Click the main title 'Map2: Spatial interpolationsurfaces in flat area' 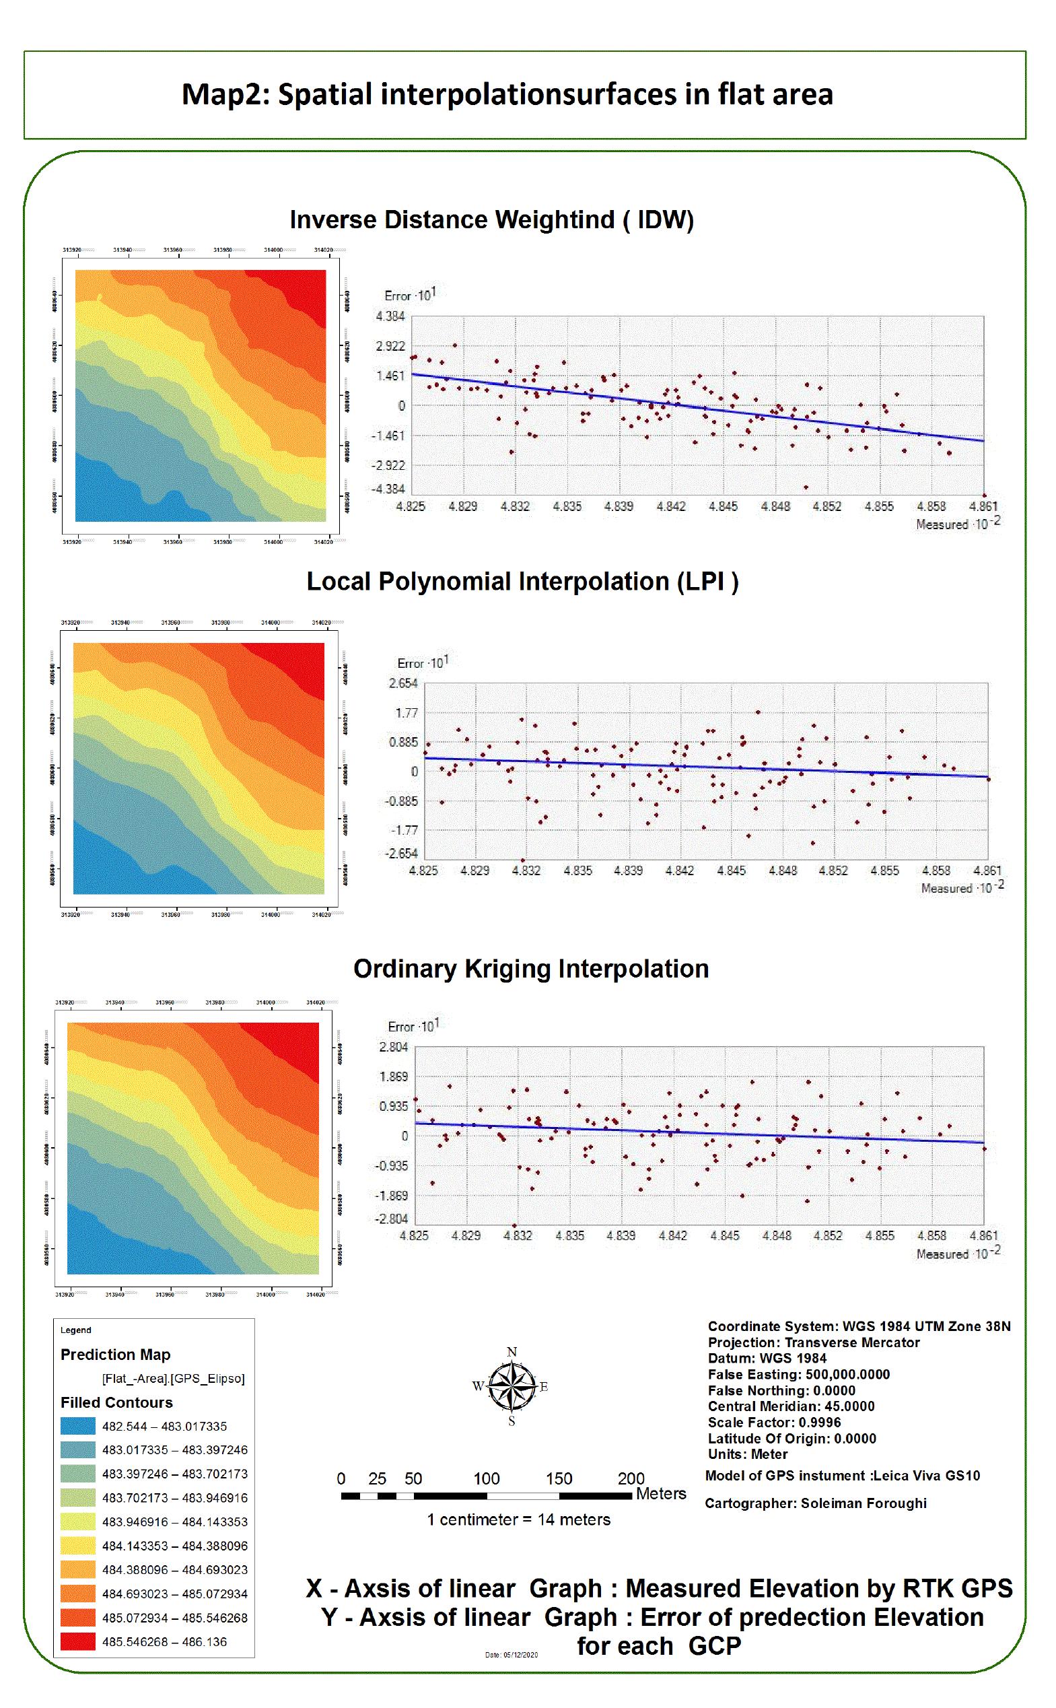[507, 94]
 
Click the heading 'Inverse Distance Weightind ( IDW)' [492, 220]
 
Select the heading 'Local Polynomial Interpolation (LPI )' [522, 582]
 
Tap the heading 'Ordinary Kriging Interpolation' [531, 969]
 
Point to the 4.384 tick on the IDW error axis [390, 316]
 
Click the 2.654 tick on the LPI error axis [403, 683]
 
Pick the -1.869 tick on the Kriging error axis [393, 1196]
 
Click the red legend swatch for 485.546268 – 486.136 [77, 1641]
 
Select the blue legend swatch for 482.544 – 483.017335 [77, 1426]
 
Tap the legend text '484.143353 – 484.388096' [174, 1546]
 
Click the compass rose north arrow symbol [512, 1387]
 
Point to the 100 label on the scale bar [486, 1479]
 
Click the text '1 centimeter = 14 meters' [518, 1519]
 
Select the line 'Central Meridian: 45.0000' [791, 1406]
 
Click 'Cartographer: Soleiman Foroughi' [815, 1503]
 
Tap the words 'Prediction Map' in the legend [115, 1355]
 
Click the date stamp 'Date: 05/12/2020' [512, 1655]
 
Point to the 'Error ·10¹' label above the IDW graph [409, 296]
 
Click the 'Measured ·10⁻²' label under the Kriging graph [958, 1254]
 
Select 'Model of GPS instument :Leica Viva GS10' [842, 1476]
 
